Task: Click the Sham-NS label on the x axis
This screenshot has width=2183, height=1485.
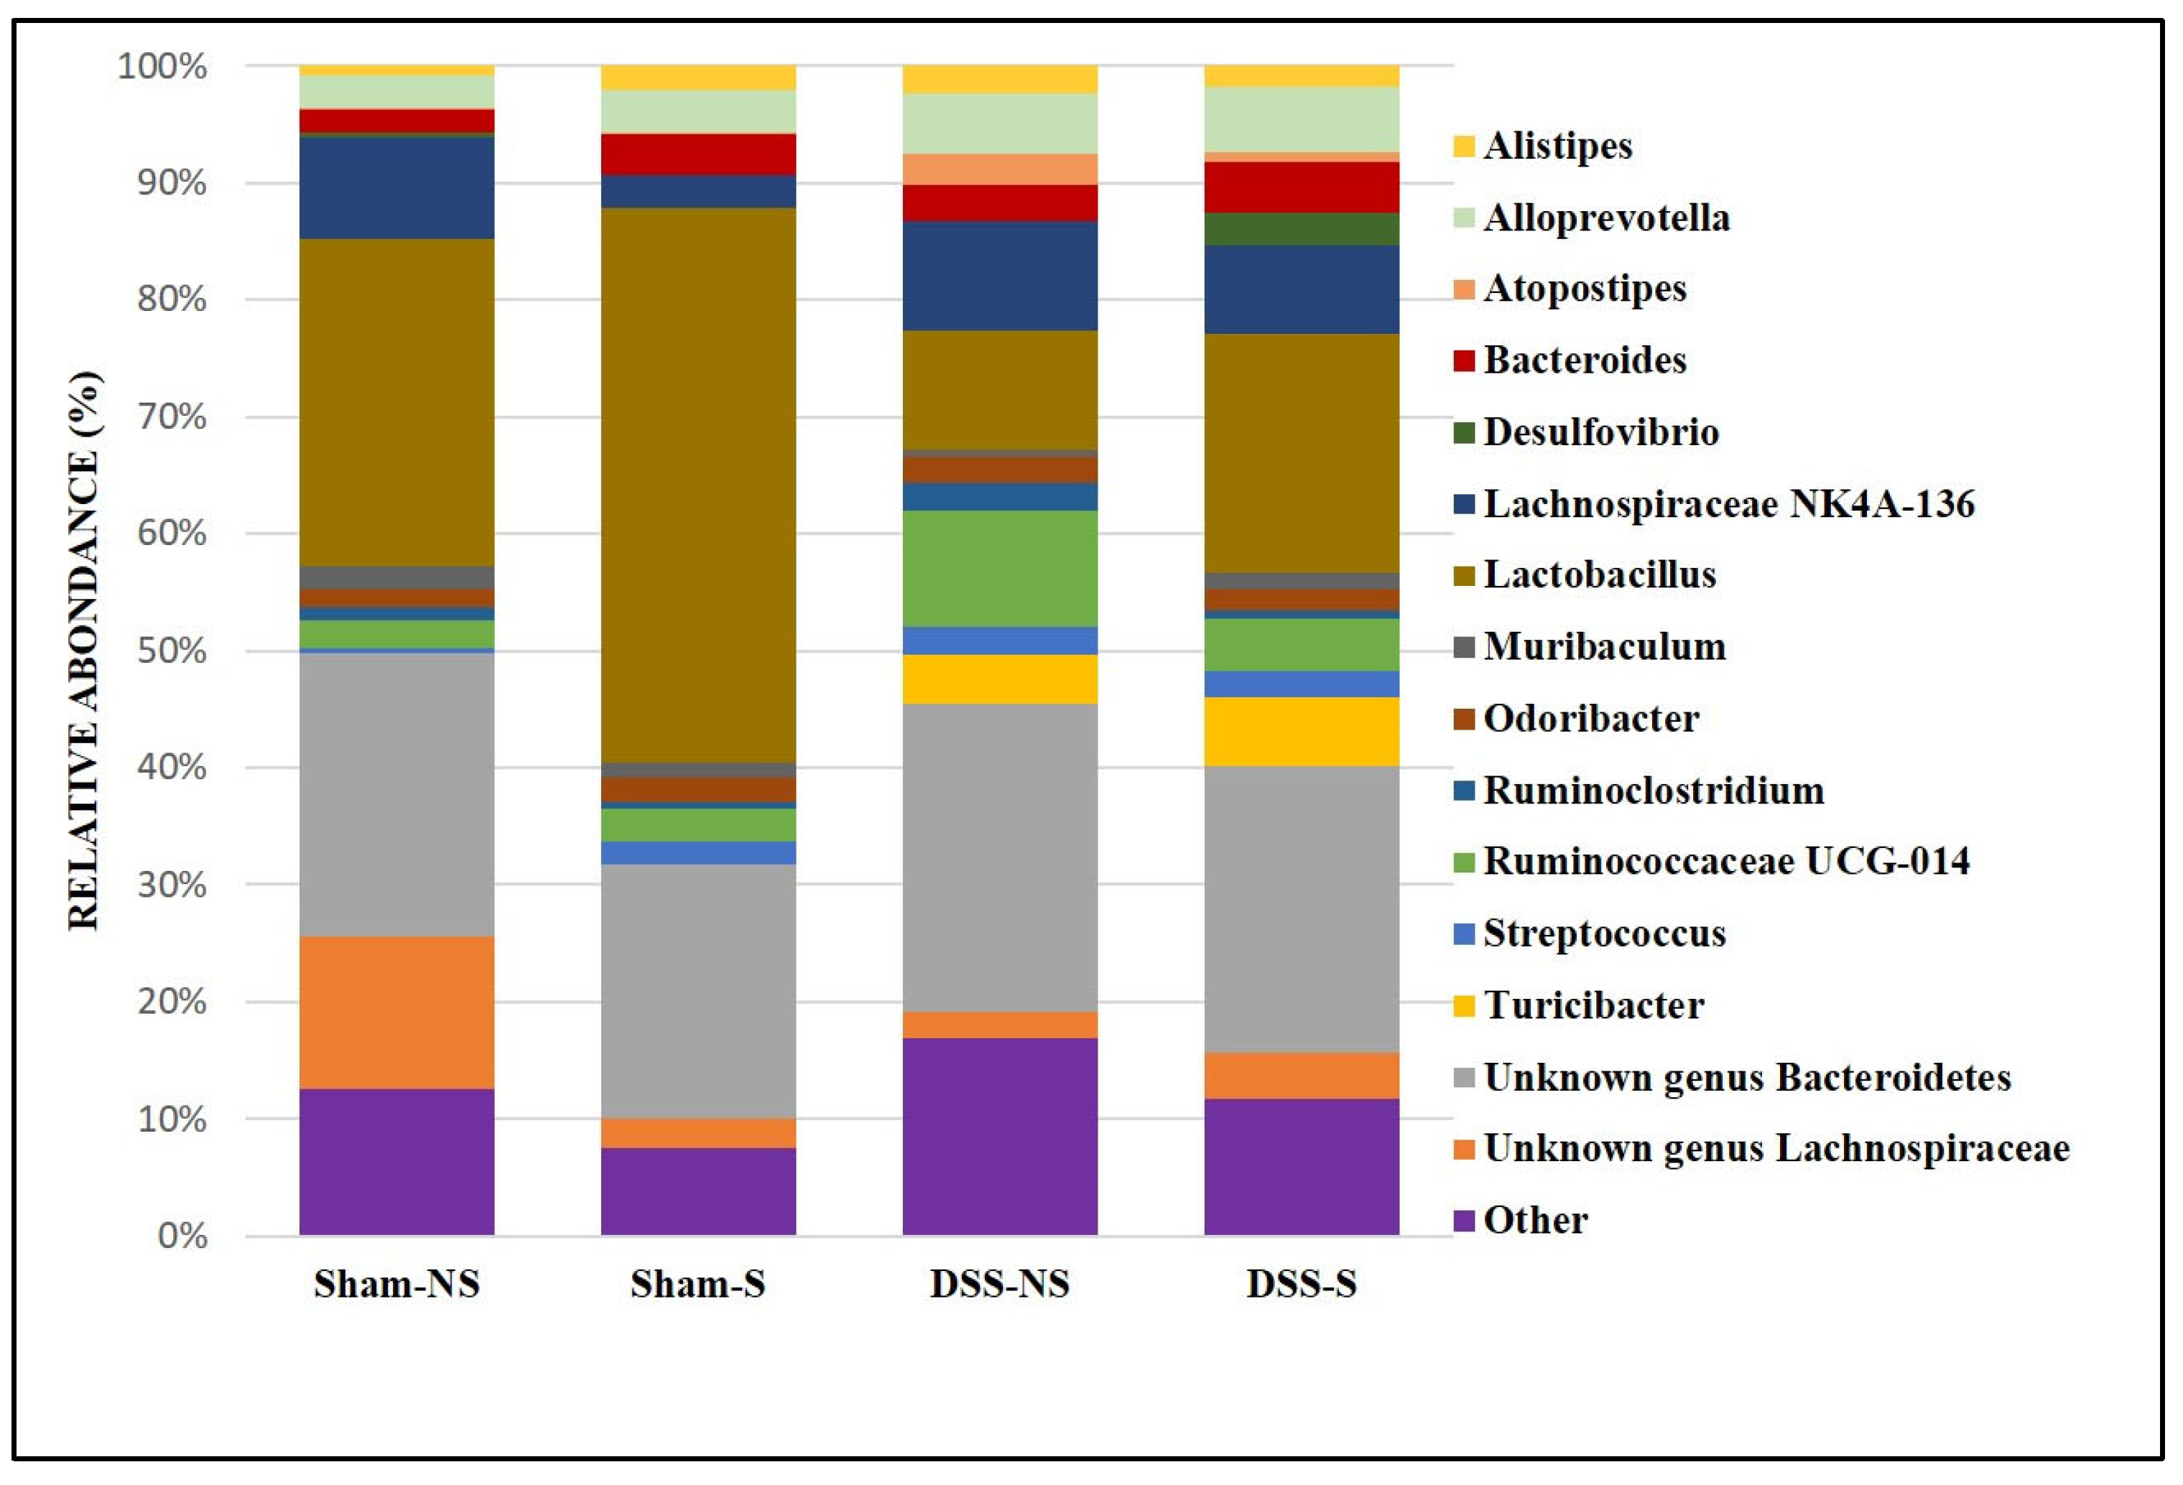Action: (397, 1283)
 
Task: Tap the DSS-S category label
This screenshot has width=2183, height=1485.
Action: (1301, 1283)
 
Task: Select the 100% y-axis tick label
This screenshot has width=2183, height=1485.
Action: (162, 67)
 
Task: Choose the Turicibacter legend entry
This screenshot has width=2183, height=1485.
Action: (1593, 1005)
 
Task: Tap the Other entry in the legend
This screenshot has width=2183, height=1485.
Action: (1535, 1220)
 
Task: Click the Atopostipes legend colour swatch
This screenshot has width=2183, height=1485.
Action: (1463, 289)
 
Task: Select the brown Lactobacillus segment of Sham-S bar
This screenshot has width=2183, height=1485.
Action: (698, 484)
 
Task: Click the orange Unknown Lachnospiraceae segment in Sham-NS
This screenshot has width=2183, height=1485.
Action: (397, 1012)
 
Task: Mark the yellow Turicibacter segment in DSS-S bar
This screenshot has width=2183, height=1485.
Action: (1301, 731)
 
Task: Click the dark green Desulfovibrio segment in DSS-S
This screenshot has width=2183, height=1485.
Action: (1301, 228)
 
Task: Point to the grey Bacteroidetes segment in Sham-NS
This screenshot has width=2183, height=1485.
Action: (397, 793)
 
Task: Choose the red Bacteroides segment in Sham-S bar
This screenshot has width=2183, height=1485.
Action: (698, 154)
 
